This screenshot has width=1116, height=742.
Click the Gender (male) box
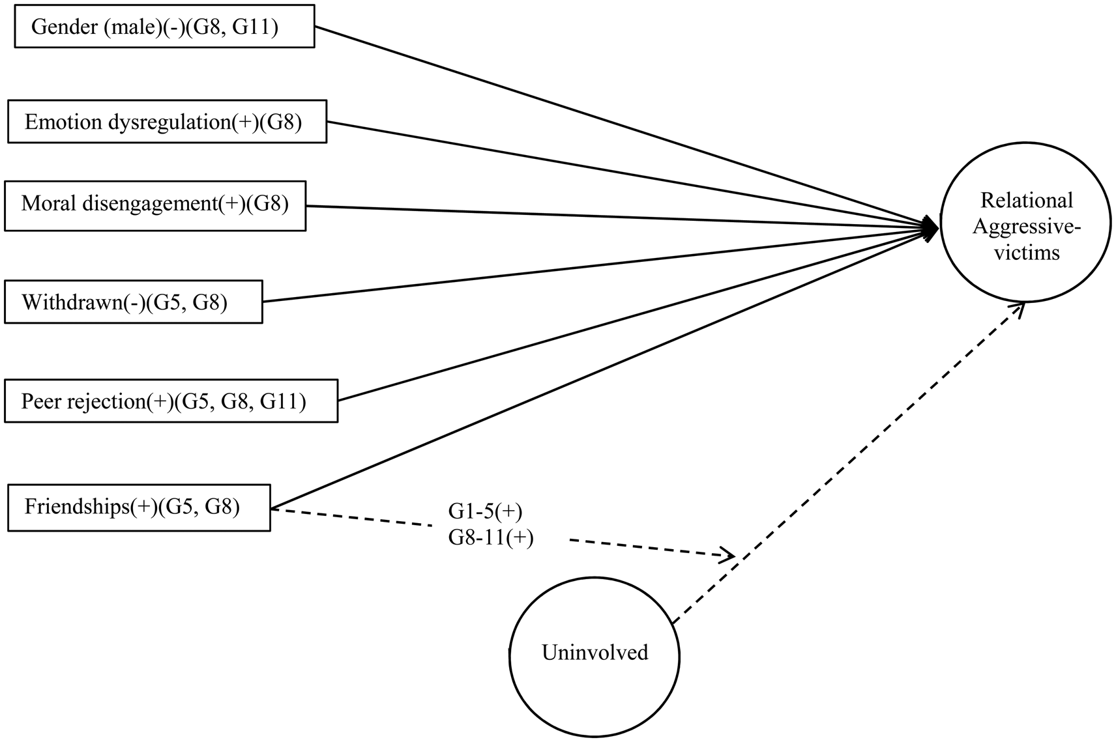[x=164, y=27]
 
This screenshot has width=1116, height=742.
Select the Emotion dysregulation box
[x=167, y=122]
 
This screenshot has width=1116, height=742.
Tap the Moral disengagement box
[x=155, y=206]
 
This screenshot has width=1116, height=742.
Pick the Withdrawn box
[x=133, y=302]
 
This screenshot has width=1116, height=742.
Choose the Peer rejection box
[x=171, y=401]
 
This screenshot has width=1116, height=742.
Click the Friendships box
[x=139, y=507]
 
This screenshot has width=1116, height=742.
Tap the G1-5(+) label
[x=485, y=512]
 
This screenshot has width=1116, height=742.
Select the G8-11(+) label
[x=490, y=538]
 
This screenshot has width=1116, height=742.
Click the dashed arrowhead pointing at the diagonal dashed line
[x=728, y=556]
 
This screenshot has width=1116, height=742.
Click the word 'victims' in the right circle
[x=1026, y=253]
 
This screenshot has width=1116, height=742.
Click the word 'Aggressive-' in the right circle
[x=1026, y=227]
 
